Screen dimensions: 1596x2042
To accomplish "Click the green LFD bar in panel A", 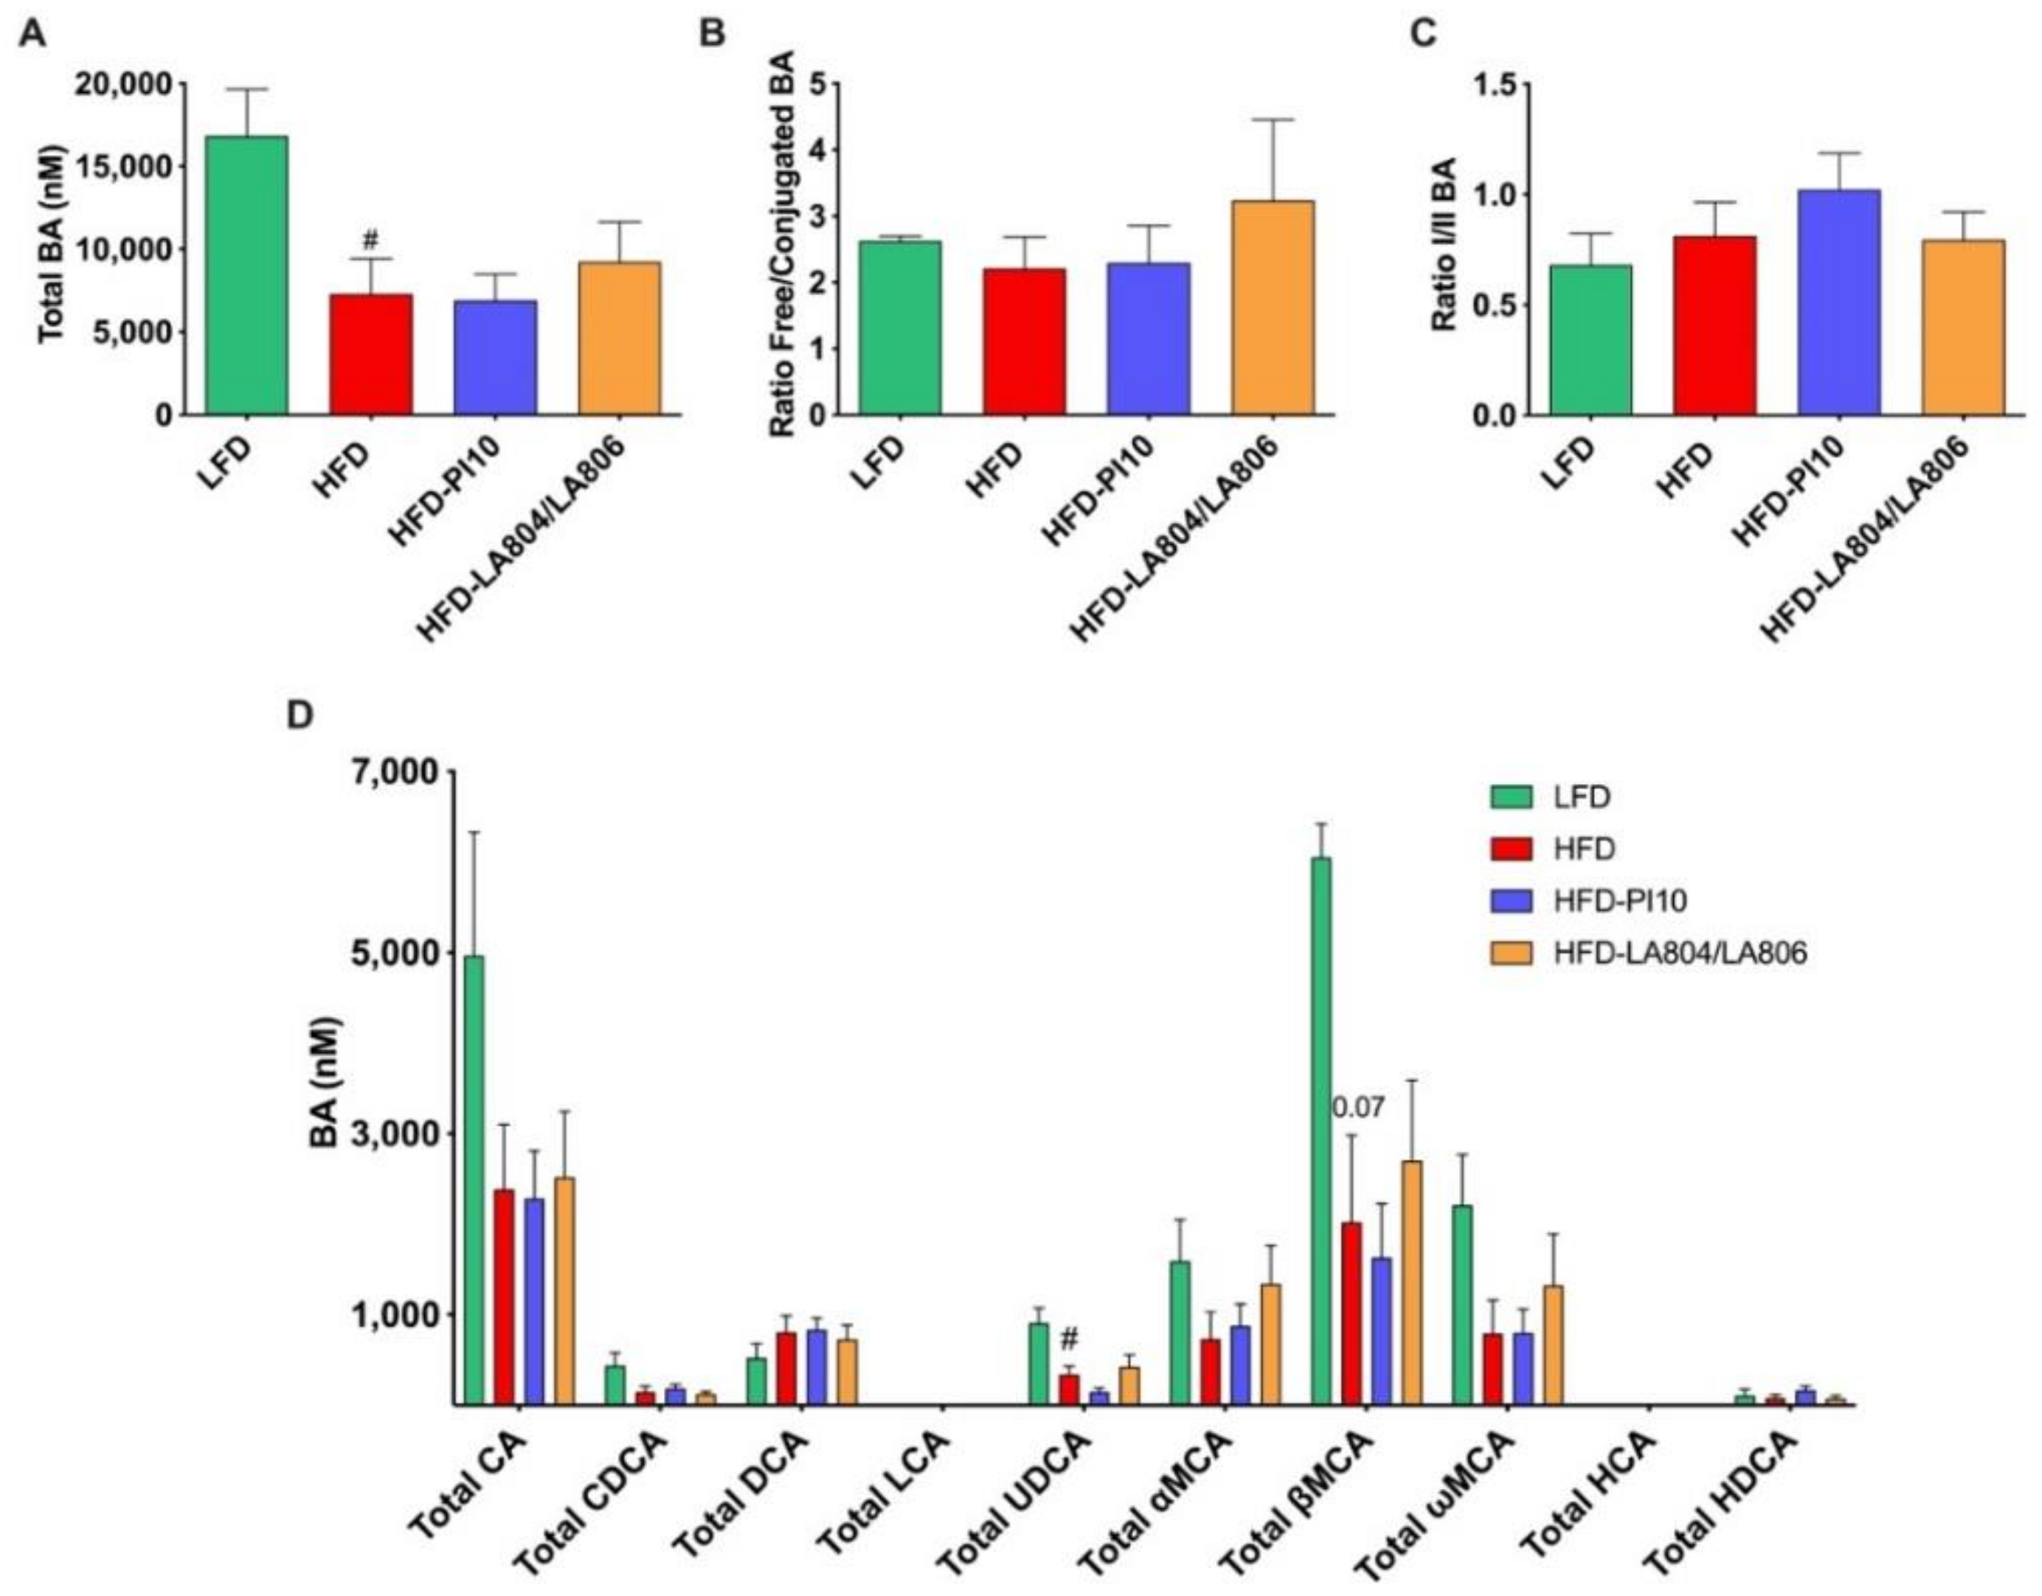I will (247, 276).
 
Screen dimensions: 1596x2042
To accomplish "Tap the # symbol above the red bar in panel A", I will (370, 241).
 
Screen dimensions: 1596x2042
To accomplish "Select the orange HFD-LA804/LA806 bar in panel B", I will (1273, 308).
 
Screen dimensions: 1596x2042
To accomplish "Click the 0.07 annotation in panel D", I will (1357, 1109).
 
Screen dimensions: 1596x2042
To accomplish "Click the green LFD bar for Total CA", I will (474, 1180).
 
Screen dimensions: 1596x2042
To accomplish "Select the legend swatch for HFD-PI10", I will (1512, 901).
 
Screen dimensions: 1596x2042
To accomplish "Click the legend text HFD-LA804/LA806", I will (1681, 953).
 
